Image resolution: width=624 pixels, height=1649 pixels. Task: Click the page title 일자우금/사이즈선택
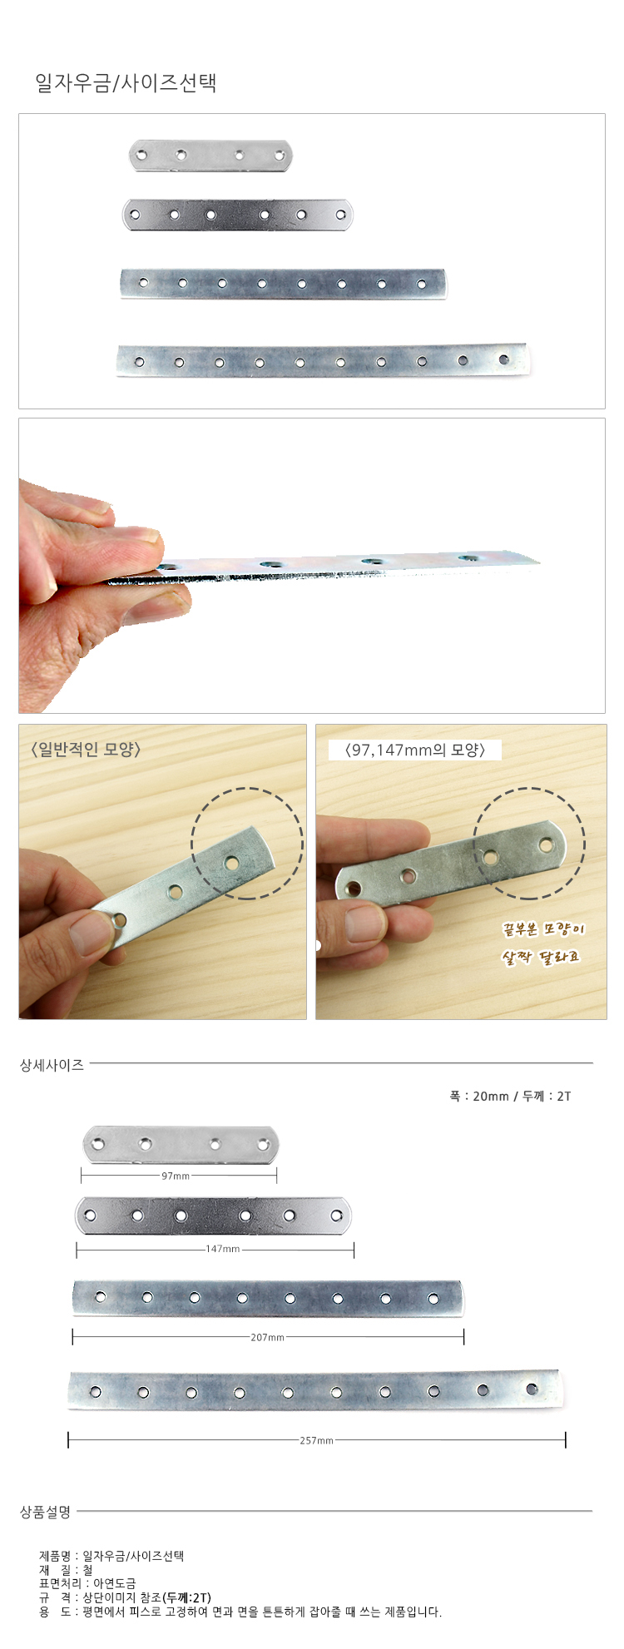[x=126, y=82]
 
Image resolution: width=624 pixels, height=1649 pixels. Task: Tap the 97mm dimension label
[x=176, y=1176]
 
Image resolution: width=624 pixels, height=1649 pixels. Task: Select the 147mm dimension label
[x=223, y=1249]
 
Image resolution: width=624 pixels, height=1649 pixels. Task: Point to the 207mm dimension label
[x=268, y=1337]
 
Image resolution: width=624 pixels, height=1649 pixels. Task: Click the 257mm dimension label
[x=317, y=1440]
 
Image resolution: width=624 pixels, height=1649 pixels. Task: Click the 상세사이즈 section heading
[x=52, y=1065]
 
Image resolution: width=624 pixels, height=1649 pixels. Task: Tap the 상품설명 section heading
[x=46, y=1512]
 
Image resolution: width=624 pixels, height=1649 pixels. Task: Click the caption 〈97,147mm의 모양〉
[x=414, y=750]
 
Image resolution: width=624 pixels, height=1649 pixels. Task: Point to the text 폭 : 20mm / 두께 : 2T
[x=510, y=1096]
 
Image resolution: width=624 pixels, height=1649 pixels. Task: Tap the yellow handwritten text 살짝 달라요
[x=540, y=958]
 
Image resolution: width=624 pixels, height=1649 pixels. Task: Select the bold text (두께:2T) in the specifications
[x=187, y=1597]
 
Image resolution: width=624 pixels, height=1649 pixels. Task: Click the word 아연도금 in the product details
[x=115, y=1583]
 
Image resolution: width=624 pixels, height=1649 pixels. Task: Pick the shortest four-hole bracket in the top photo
[x=211, y=156]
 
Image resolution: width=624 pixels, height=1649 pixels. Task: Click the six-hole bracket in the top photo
[x=238, y=215]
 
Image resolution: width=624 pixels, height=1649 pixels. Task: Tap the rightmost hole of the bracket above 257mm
[x=532, y=1389]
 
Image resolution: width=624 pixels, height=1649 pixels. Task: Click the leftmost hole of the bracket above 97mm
[x=98, y=1145]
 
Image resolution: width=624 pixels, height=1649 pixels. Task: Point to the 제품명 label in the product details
[x=55, y=1555]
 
